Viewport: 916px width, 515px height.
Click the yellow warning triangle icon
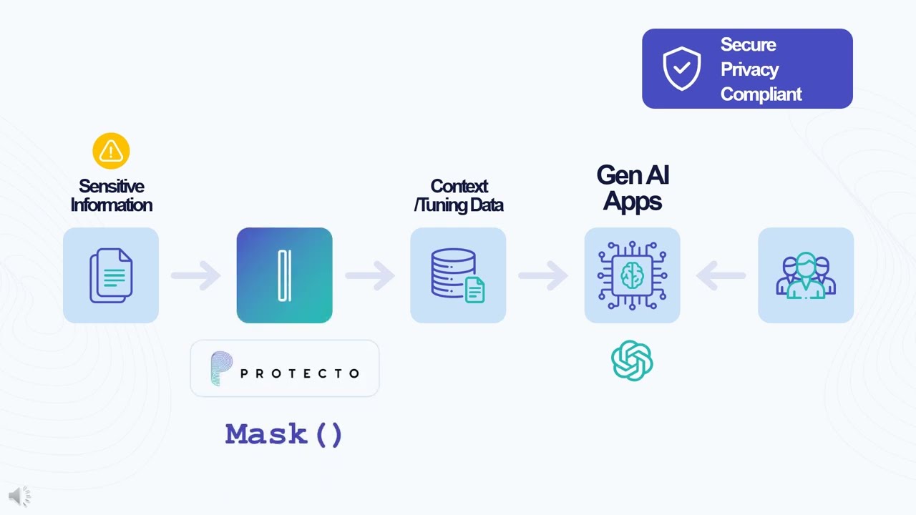[111, 151]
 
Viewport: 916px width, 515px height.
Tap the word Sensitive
[111, 186]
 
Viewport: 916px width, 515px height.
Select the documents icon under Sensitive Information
[111, 275]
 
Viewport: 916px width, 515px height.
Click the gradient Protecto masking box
[284, 275]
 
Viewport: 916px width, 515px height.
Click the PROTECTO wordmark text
[300, 373]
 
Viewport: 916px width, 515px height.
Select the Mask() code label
[284, 434]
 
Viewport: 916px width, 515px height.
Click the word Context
[459, 186]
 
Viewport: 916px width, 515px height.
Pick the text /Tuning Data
[459, 205]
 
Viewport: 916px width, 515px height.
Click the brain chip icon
[632, 275]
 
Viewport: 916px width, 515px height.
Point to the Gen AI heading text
[633, 175]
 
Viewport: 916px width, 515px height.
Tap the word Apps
[633, 201]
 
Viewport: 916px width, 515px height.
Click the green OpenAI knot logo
[632, 360]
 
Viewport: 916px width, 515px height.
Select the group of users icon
[806, 275]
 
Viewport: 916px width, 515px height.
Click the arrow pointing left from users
[721, 275]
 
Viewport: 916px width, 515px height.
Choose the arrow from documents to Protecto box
[196, 275]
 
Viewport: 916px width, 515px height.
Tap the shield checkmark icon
[681, 69]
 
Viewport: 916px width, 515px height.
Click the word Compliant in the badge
[761, 94]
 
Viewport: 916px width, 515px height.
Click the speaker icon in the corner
[19, 496]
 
